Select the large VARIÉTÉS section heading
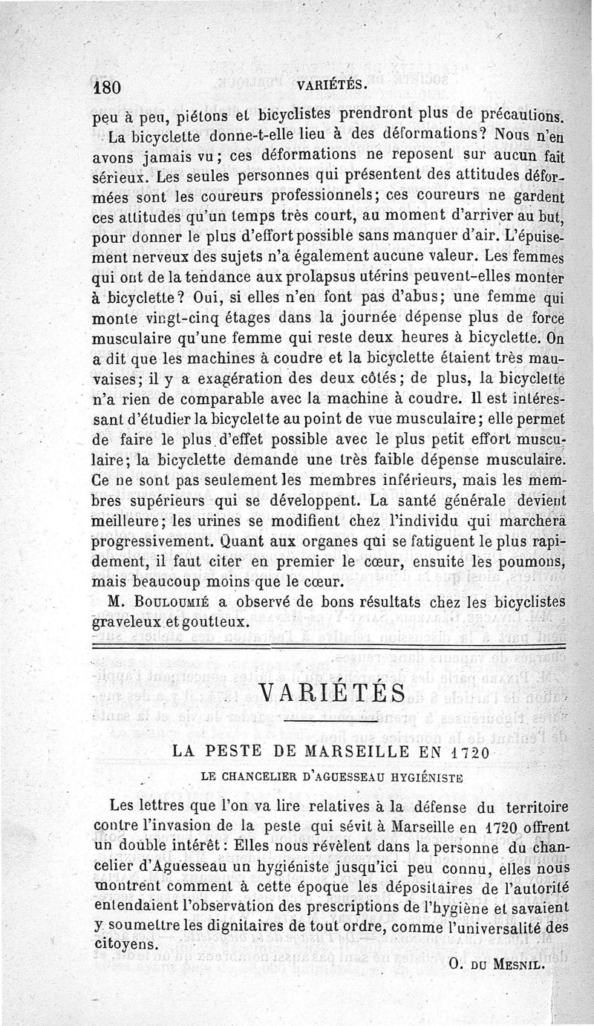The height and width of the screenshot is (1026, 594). (333, 693)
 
